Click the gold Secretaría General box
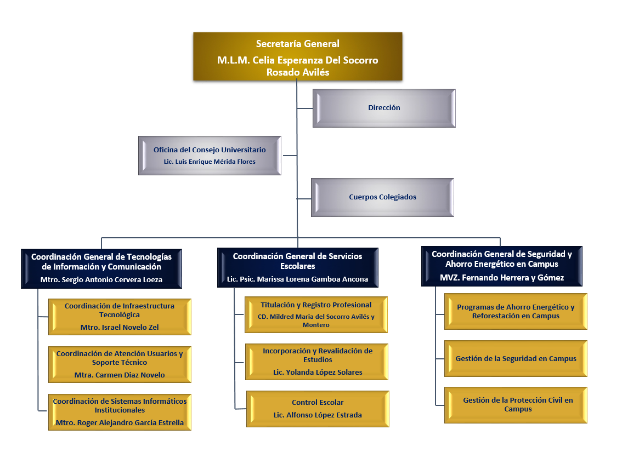(297, 57)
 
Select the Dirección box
(384, 108)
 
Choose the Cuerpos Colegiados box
(382, 197)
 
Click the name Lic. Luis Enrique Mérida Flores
(210, 162)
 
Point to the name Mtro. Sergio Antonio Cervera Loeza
(101, 279)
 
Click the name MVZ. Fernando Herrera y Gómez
(501, 278)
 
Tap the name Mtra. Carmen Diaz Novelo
(120, 375)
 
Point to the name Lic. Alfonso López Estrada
(318, 415)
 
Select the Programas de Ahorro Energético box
(516, 311)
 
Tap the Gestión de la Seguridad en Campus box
(516, 359)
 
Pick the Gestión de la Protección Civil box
(516, 405)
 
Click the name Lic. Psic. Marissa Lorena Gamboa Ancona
(297, 279)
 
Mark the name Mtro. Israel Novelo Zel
(120, 328)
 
